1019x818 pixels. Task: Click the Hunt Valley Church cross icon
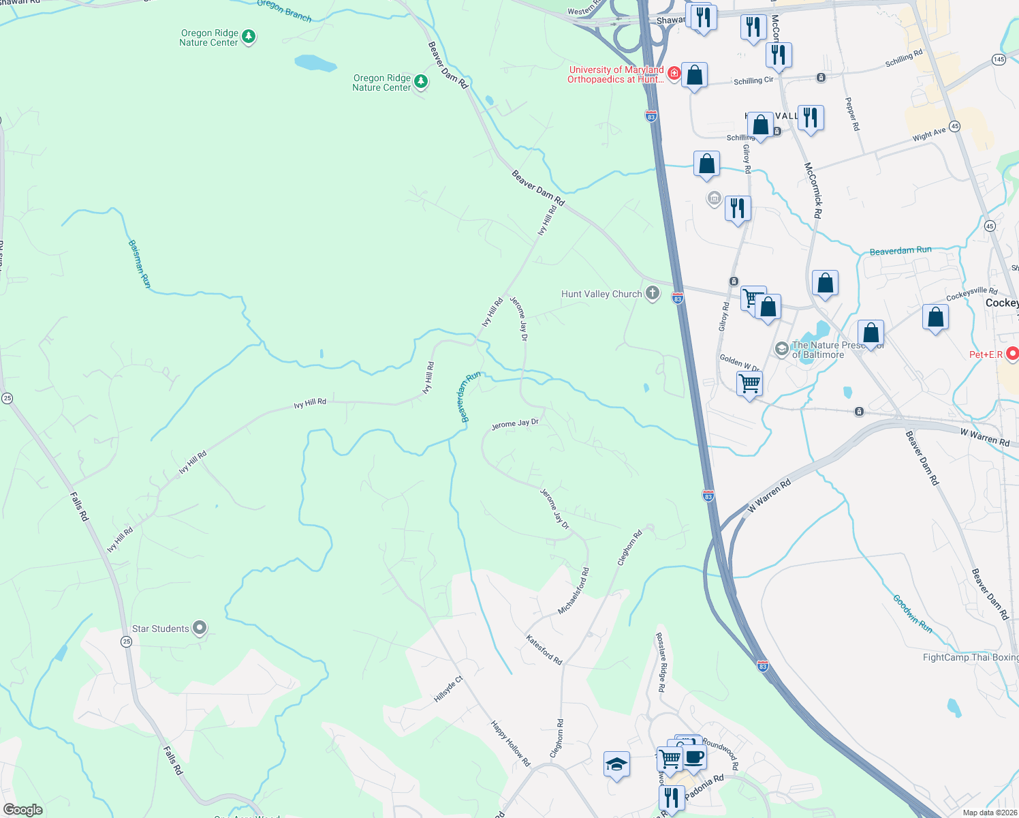[653, 294]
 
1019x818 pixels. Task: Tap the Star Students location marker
[200, 628]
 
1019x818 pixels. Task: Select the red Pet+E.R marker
[1012, 354]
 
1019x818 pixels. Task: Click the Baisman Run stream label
[139, 264]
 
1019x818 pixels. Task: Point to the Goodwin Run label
[913, 614]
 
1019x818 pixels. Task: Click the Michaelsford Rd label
[574, 591]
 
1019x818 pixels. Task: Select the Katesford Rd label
[544, 650]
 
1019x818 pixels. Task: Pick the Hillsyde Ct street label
[448, 689]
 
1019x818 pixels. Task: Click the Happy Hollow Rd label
[510, 743]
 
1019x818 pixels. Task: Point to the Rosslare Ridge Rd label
[660, 663]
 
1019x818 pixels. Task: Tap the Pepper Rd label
[852, 114]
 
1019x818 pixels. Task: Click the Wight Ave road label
[929, 134]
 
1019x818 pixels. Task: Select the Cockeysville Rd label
[971, 294]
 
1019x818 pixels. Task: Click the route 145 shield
[999, 59]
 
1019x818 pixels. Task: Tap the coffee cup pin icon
[694, 757]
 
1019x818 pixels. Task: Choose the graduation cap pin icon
[616, 764]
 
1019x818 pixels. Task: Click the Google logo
[22, 810]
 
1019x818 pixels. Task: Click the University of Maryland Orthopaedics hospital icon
[674, 73]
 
